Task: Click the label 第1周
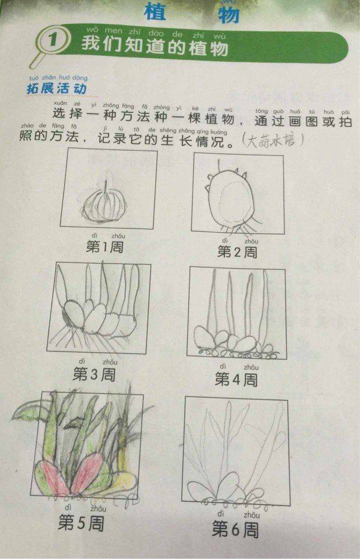(x=104, y=246)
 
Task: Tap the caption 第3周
(x=94, y=374)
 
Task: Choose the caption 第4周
(x=236, y=378)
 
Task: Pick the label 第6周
(x=235, y=528)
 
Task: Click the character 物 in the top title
(x=223, y=13)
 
